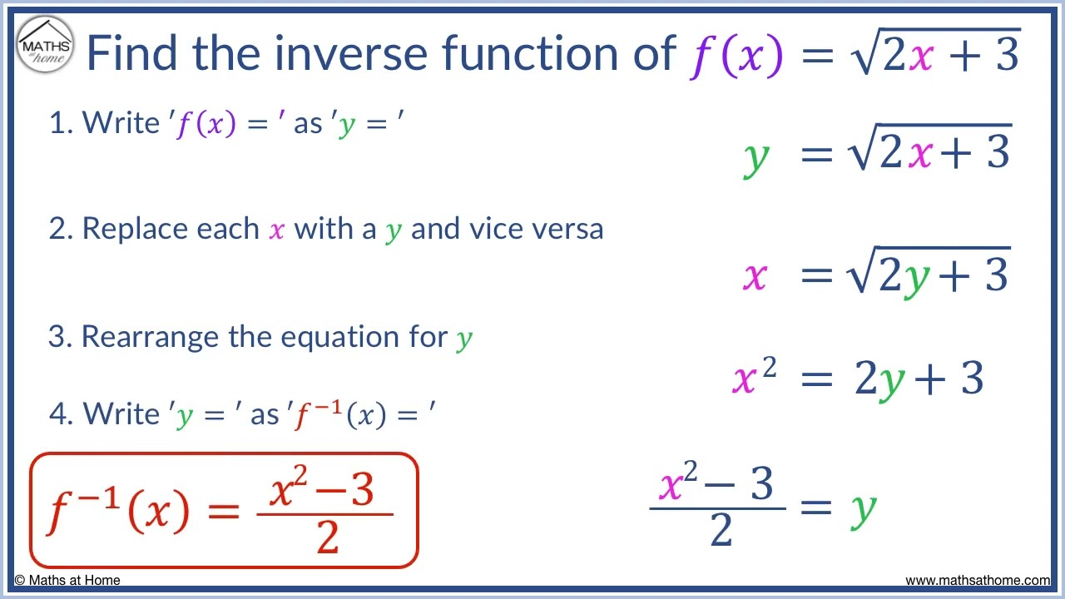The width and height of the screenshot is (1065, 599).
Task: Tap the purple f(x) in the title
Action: pyautogui.click(x=736, y=54)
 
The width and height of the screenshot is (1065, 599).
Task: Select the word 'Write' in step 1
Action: pyautogui.click(x=121, y=123)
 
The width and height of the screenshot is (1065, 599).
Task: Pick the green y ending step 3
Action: pyautogui.click(x=464, y=339)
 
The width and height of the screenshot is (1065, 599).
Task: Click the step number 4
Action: pyautogui.click(x=59, y=413)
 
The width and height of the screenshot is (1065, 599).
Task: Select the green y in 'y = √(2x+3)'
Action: pyautogui.click(x=755, y=156)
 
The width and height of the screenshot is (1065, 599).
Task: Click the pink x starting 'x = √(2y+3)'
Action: pyautogui.click(x=754, y=275)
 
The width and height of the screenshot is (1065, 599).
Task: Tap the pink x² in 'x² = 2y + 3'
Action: pyautogui.click(x=754, y=379)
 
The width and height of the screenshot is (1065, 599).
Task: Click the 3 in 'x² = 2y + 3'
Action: pyautogui.click(x=972, y=379)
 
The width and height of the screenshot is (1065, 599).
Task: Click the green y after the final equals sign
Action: pyautogui.click(x=863, y=507)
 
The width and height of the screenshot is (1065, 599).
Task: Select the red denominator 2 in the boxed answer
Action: pyautogui.click(x=327, y=538)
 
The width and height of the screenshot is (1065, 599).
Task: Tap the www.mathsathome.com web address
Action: pyautogui.click(x=977, y=581)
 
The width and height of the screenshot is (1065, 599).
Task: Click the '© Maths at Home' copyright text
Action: pyautogui.click(x=67, y=581)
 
